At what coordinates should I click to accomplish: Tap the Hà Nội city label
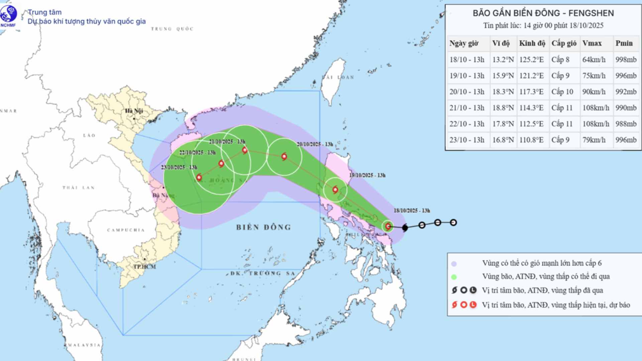134,111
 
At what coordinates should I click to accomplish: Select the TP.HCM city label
144,266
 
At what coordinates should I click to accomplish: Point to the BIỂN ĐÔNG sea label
263,227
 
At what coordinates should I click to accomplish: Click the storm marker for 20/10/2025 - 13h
284,156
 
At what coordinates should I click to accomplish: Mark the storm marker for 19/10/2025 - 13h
335,190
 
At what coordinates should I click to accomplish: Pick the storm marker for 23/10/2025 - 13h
199,177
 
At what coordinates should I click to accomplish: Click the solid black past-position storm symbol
405,228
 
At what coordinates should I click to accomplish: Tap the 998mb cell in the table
626,59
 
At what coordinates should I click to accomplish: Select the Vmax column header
592,43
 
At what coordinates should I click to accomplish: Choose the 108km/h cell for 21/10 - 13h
596,108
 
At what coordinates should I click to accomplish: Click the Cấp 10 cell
562,92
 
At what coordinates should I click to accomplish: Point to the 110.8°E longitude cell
531,140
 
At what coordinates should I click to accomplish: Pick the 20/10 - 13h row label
467,92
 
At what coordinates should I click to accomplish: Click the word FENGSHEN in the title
591,13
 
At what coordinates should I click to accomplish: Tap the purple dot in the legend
454,264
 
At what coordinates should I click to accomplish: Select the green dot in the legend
454,277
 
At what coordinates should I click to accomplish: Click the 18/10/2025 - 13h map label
412,211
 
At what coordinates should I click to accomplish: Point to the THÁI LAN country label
79,188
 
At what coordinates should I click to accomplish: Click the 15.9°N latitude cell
503,76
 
